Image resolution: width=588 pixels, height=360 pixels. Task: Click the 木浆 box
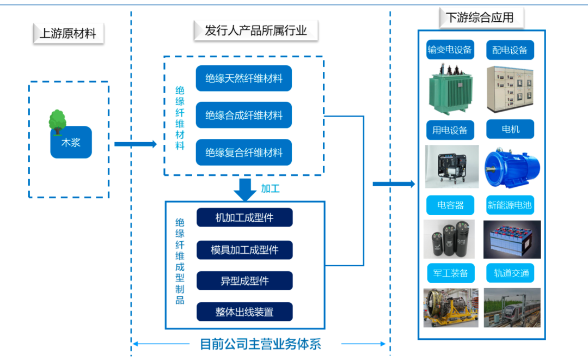[71, 143]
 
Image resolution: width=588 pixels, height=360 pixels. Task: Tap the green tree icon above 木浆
[57, 120]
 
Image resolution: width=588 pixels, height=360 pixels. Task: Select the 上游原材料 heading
[68, 34]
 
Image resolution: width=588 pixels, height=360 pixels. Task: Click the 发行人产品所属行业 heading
[255, 30]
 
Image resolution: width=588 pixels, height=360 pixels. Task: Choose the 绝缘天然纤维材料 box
[243, 78]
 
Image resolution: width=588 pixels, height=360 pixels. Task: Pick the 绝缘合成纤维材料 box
[243, 115]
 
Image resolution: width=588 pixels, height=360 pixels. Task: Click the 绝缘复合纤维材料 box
[243, 152]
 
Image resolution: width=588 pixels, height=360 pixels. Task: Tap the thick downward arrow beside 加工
[245, 189]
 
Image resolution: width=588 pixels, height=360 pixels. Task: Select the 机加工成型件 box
[244, 218]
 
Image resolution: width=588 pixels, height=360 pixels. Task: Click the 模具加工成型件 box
[244, 250]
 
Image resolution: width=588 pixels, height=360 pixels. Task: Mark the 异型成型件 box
[244, 281]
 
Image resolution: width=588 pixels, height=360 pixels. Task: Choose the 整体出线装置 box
[244, 312]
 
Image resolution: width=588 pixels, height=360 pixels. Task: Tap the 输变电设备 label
[450, 50]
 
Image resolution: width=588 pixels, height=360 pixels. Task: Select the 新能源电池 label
[510, 205]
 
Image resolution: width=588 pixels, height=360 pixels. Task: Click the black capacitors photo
[450, 239]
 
